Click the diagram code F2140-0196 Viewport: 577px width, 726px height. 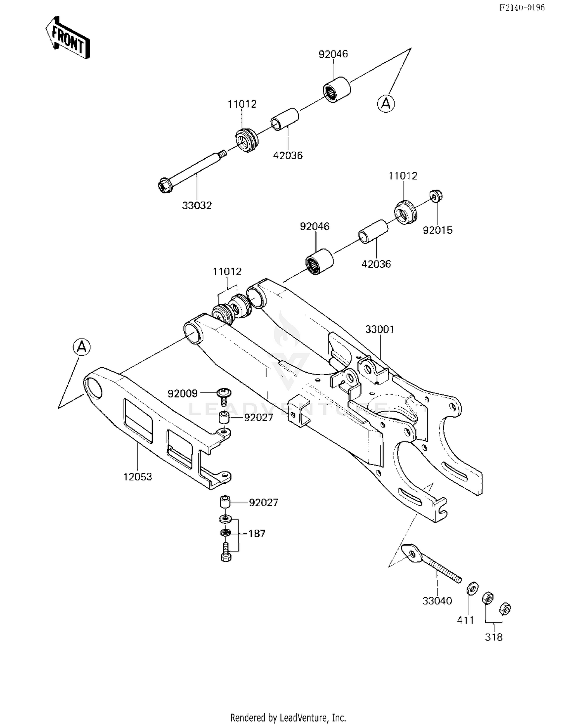[522, 8]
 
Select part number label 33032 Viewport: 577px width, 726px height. [197, 206]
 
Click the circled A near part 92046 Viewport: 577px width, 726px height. [386, 104]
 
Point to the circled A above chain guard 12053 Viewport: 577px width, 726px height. [82, 347]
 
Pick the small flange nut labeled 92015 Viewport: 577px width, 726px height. [436, 196]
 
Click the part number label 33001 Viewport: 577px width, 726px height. [380, 330]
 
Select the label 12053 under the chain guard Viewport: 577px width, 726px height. [137, 477]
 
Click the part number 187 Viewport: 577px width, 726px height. [257, 534]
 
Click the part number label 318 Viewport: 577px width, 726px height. [494, 638]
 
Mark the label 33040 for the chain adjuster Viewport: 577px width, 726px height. [437, 601]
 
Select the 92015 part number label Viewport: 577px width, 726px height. [437, 230]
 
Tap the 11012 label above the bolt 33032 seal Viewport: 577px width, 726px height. [242, 104]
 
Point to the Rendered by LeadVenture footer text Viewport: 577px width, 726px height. [288, 718]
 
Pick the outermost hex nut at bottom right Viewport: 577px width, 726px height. [505, 609]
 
